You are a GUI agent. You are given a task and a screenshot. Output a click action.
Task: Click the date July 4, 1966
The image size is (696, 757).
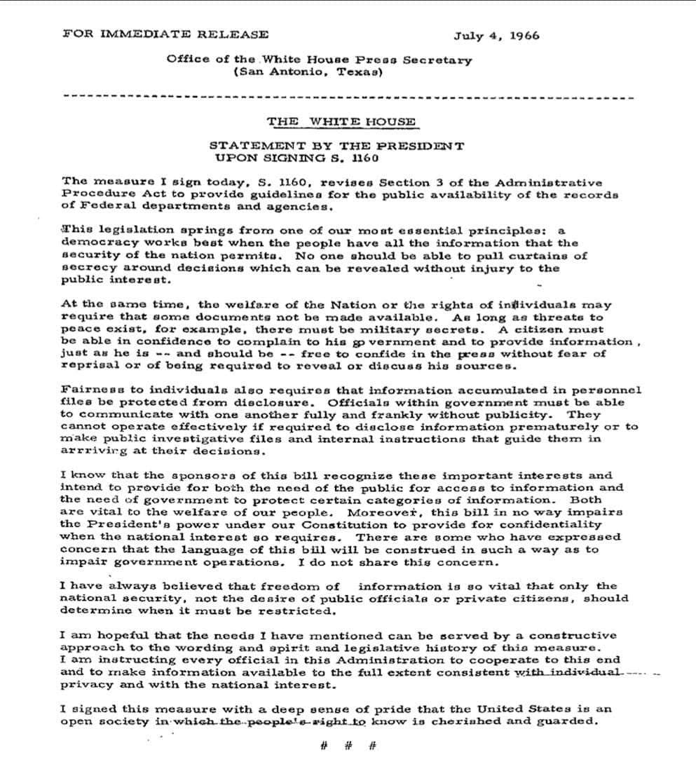496,36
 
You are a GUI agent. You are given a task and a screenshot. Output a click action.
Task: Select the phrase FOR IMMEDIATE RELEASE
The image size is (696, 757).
165,34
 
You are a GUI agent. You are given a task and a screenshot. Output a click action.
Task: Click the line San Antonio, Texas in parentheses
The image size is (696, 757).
308,71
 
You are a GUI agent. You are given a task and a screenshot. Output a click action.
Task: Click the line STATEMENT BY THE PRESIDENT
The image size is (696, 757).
336,146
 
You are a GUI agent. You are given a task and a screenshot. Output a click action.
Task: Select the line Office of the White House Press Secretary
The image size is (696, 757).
319,60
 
